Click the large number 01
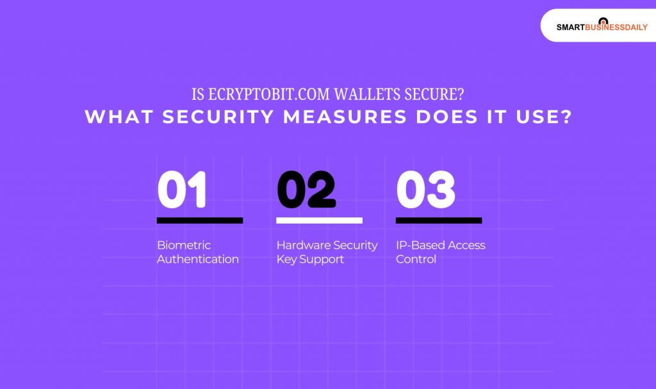pos(182,190)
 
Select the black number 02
pos(306,190)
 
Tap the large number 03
pos(426,190)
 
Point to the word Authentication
pos(198,260)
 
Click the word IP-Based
pos(418,245)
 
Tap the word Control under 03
pos(416,260)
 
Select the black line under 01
pos(200,220)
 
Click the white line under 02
pos(319,220)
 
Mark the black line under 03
pos(439,220)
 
